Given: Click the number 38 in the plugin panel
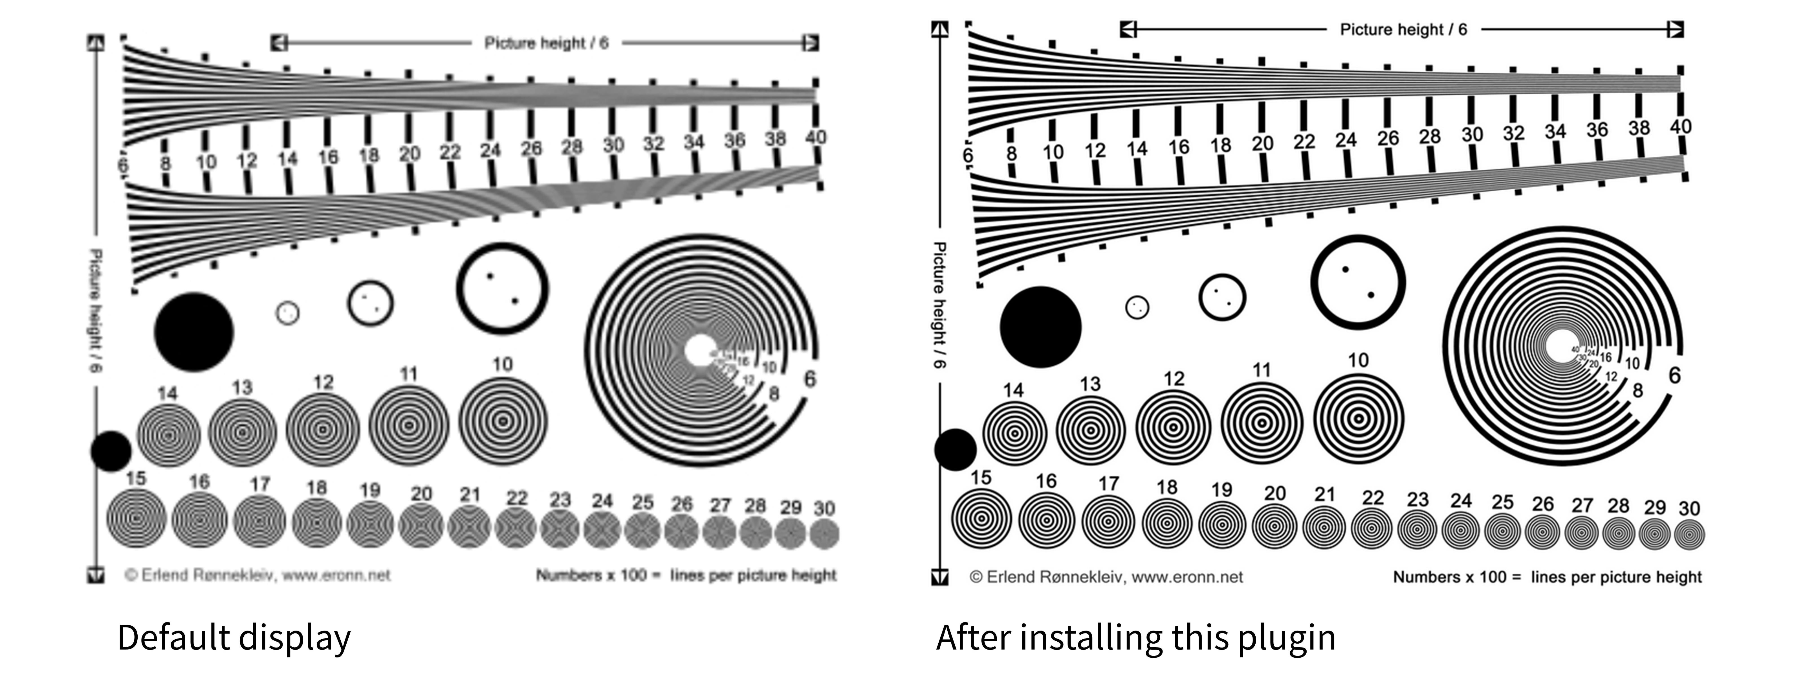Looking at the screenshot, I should [1639, 128].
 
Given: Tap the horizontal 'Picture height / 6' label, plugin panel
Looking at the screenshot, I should [1403, 29].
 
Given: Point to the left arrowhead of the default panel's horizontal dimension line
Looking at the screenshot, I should [279, 43].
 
